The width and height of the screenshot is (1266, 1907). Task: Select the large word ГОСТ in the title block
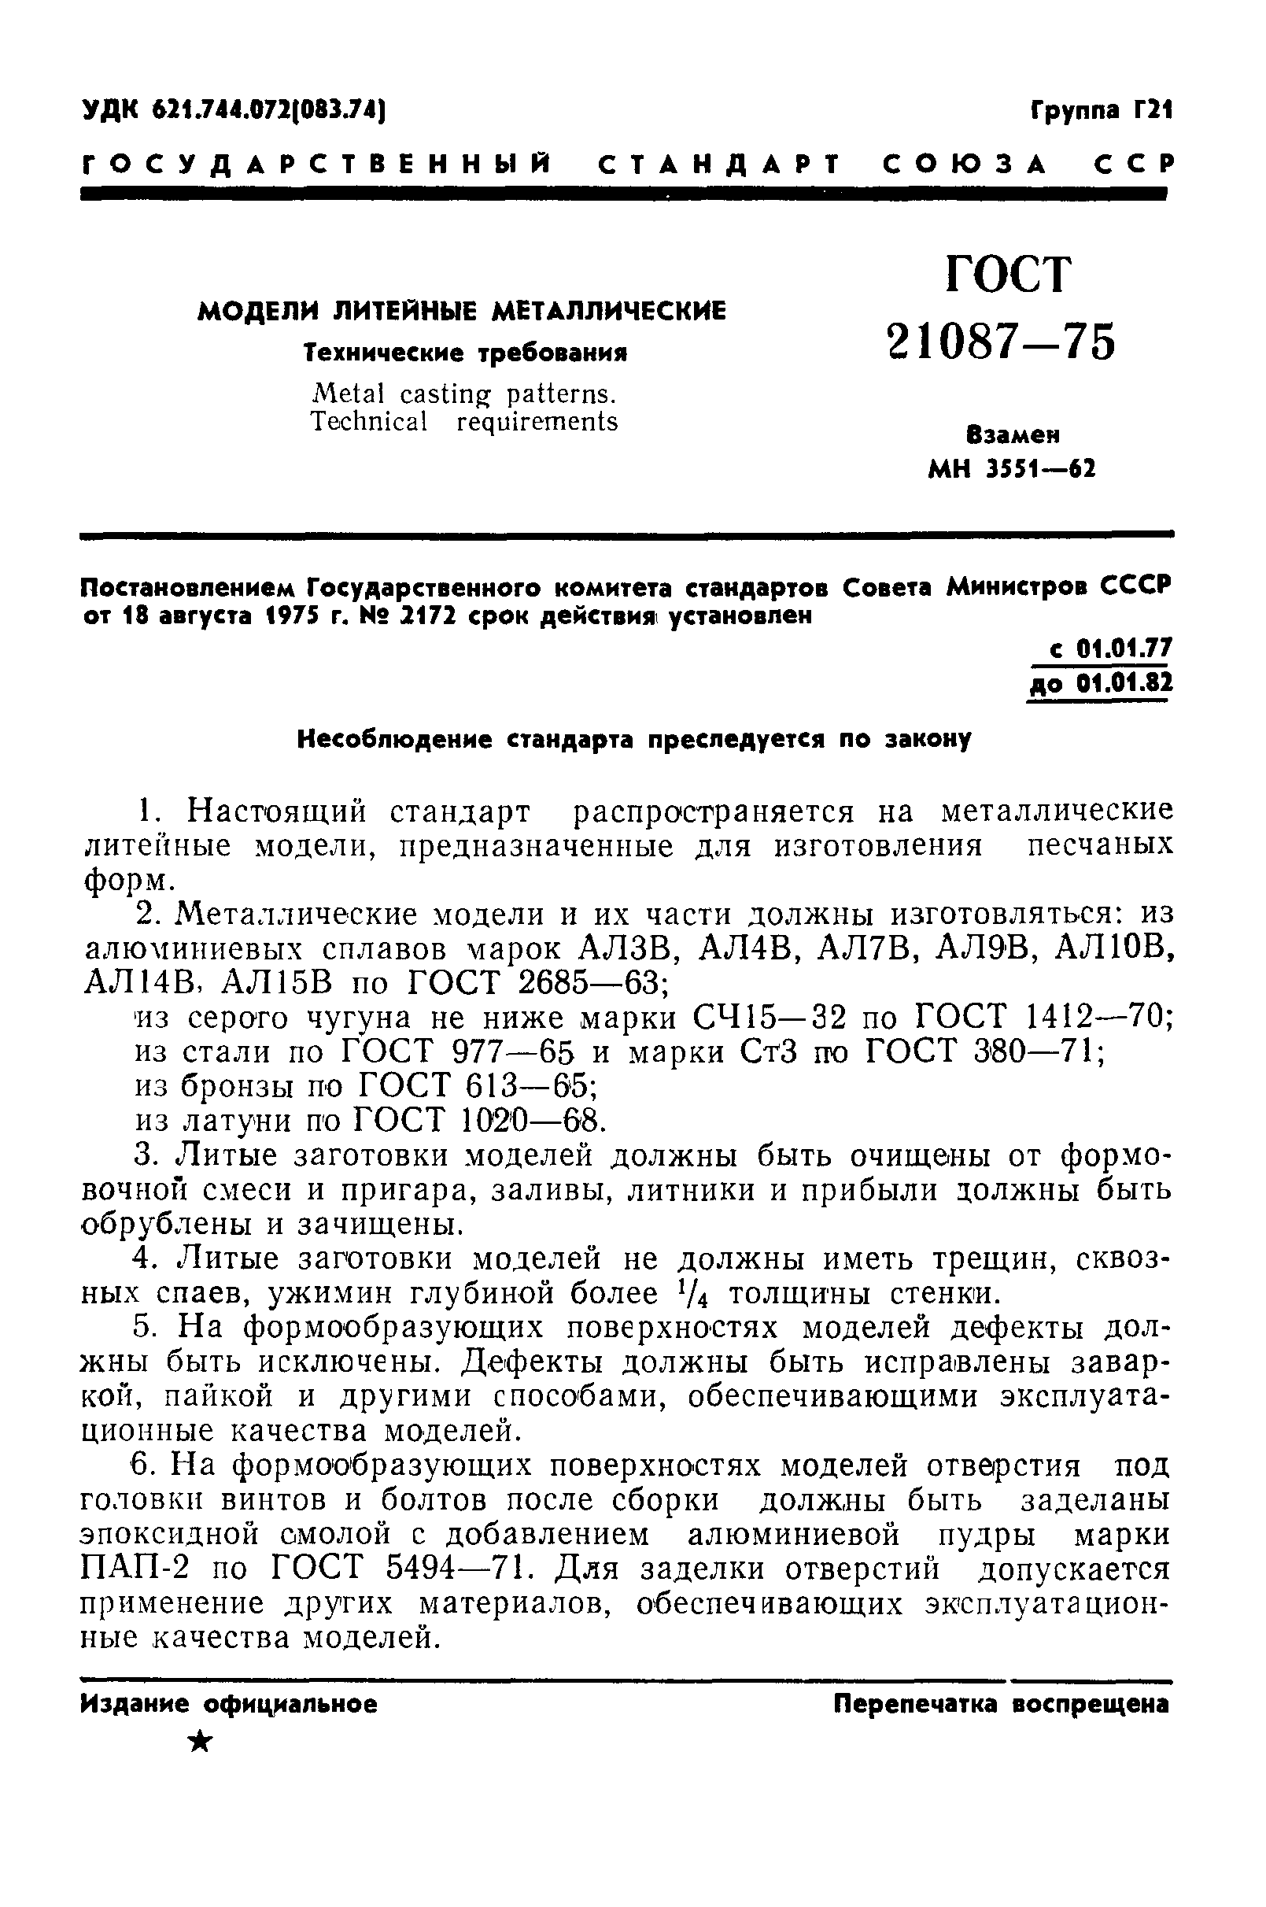[1009, 275]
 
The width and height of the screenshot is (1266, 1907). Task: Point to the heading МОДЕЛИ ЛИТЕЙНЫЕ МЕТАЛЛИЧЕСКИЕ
[462, 311]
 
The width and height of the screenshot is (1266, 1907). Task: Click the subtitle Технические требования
[466, 353]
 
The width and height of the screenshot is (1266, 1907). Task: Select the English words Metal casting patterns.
[463, 394]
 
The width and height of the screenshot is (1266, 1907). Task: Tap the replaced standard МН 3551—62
[1013, 469]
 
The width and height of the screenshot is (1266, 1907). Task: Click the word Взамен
[1013, 435]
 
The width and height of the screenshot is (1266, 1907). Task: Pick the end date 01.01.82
[1123, 684]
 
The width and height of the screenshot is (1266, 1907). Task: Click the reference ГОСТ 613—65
[476, 1087]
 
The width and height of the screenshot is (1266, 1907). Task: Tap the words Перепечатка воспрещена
[1001, 1706]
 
